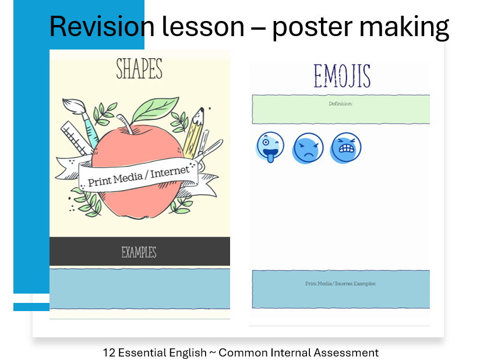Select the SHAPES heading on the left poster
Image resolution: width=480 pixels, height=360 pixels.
(139, 69)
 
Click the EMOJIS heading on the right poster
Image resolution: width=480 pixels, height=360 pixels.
(342, 77)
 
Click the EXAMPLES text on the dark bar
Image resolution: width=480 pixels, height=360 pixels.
(139, 252)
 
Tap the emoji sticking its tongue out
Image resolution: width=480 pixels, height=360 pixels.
(270, 147)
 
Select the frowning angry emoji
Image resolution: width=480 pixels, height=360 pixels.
(308, 149)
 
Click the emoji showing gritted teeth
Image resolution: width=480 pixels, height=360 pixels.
(346, 147)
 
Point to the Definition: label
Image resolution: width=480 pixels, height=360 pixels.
(341, 104)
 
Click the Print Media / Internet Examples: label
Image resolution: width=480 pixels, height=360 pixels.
(341, 284)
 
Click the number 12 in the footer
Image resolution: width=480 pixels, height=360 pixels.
(109, 352)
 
